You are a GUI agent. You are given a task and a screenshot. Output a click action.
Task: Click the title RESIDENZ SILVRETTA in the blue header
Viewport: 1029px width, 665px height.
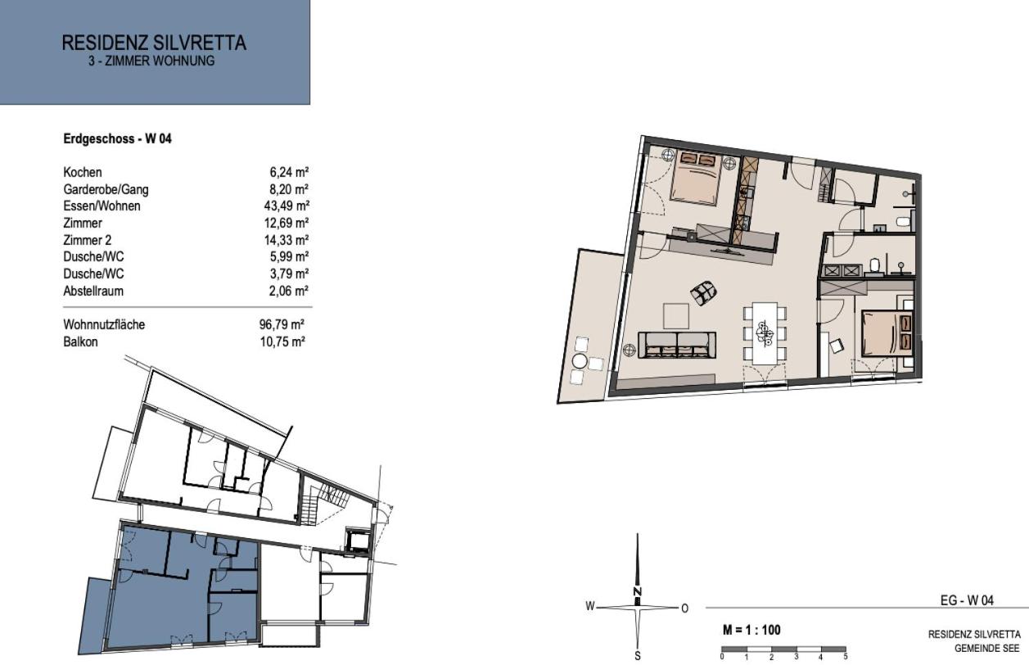(x=154, y=43)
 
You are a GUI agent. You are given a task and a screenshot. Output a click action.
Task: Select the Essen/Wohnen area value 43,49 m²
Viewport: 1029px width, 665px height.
(x=287, y=206)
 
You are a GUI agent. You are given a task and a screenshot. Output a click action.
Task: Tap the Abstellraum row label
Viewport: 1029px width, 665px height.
(x=93, y=291)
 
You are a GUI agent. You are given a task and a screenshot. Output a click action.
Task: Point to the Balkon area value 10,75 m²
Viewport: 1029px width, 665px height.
(x=282, y=342)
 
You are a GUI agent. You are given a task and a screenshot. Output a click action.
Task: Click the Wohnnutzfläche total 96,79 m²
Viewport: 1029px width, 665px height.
(x=282, y=324)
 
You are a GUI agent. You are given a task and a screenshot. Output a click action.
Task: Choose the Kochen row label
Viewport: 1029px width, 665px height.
(x=82, y=172)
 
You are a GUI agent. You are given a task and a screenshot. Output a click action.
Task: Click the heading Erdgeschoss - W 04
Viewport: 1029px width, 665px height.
(x=117, y=138)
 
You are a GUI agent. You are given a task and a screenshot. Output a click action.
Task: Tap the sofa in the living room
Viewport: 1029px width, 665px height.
(x=677, y=345)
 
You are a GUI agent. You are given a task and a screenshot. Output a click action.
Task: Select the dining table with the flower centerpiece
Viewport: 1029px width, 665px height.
(x=765, y=333)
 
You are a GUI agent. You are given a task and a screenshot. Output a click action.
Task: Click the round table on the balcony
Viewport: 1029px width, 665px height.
(x=580, y=361)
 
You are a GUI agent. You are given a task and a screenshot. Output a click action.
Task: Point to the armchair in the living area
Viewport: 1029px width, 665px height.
(x=703, y=292)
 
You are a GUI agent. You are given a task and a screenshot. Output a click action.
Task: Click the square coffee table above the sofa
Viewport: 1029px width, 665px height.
(x=675, y=316)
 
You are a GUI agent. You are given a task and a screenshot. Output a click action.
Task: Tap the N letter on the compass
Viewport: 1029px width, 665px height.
(x=637, y=591)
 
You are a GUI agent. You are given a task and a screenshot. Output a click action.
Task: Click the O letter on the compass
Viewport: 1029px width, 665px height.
(x=684, y=608)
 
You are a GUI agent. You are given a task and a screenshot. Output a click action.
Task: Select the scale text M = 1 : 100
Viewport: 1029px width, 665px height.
(x=751, y=630)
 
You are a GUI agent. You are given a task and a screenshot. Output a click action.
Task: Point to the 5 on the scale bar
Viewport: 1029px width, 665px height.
(x=846, y=657)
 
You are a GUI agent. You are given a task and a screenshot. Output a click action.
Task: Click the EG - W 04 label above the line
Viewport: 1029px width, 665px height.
(x=967, y=600)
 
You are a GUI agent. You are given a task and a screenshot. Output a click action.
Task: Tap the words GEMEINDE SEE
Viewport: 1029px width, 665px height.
(x=986, y=649)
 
